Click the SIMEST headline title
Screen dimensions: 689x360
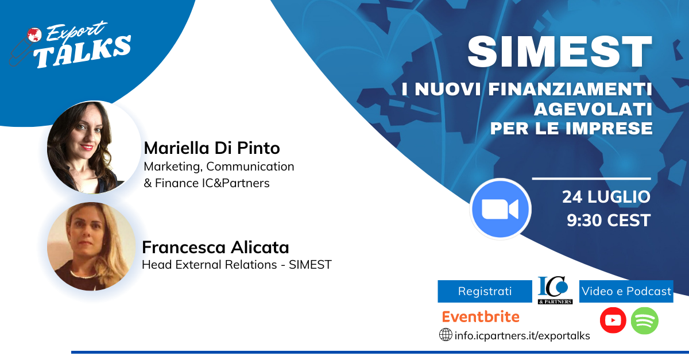pyautogui.click(x=560, y=52)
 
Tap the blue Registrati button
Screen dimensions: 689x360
pyautogui.click(x=485, y=291)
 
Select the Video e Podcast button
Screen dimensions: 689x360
pyautogui.click(x=626, y=291)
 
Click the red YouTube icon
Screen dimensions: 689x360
pyautogui.click(x=613, y=320)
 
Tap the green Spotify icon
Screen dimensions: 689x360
pyautogui.click(x=645, y=320)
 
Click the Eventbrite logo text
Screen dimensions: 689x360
pyautogui.click(x=481, y=316)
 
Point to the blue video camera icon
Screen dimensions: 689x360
pyautogui.click(x=500, y=209)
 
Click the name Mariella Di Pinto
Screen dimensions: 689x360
pyautogui.click(x=212, y=148)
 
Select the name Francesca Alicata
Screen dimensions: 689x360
pyautogui.click(x=215, y=247)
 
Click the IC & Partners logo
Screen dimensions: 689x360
pyautogui.click(x=555, y=290)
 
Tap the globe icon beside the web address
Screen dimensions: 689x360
pyautogui.click(x=446, y=335)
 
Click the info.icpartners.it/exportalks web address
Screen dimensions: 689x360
pyautogui.click(x=522, y=336)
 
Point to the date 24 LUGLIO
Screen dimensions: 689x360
pyautogui.click(x=606, y=197)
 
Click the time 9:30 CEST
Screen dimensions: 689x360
pyautogui.click(x=609, y=220)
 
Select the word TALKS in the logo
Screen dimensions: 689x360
pyautogui.click(x=83, y=52)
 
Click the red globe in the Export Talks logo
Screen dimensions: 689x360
pyautogui.click(x=34, y=35)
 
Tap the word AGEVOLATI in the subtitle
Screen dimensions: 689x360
pyautogui.click(x=593, y=109)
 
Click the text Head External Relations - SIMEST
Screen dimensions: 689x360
pyautogui.click(x=237, y=265)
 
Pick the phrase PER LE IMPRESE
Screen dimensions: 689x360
pyautogui.click(x=571, y=129)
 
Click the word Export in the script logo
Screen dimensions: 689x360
pyautogui.click(x=76, y=31)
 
